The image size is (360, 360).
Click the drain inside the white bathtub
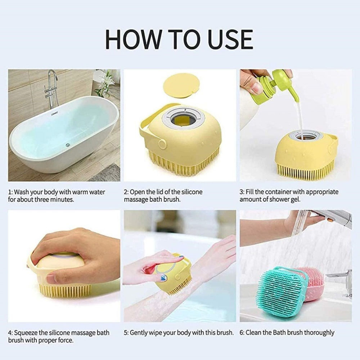[67, 145]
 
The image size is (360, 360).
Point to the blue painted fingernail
[163, 277]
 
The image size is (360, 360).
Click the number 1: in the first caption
[10, 192]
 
